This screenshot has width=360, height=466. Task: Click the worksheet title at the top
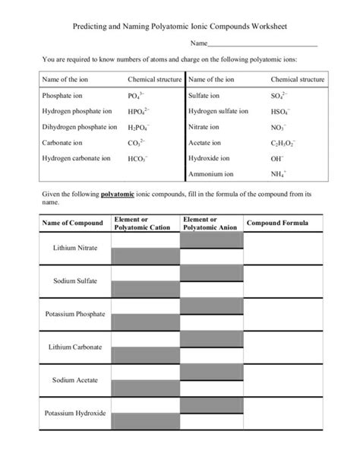(x=180, y=26)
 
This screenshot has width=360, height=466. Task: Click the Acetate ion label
(x=204, y=142)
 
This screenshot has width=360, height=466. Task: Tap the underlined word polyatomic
(x=118, y=195)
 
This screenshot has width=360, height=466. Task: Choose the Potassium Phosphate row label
(x=74, y=314)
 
